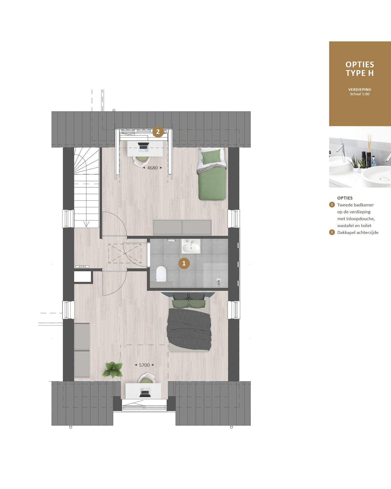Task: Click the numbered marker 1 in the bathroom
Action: [184, 263]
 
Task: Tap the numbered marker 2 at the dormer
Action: [158, 132]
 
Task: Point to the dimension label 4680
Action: [152, 168]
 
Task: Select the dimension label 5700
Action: [144, 365]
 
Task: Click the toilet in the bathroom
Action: [161, 274]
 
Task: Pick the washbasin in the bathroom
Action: [191, 246]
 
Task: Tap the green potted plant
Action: [113, 369]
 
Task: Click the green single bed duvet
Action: [212, 182]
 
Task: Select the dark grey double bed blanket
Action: [189, 329]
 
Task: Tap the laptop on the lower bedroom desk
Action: [145, 392]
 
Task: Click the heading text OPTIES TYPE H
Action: [360, 69]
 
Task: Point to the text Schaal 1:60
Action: [360, 94]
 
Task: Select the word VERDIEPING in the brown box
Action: [360, 90]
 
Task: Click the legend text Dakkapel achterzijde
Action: [358, 233]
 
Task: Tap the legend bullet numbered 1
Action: [332, 205]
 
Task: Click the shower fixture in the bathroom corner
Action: [219, 281]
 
